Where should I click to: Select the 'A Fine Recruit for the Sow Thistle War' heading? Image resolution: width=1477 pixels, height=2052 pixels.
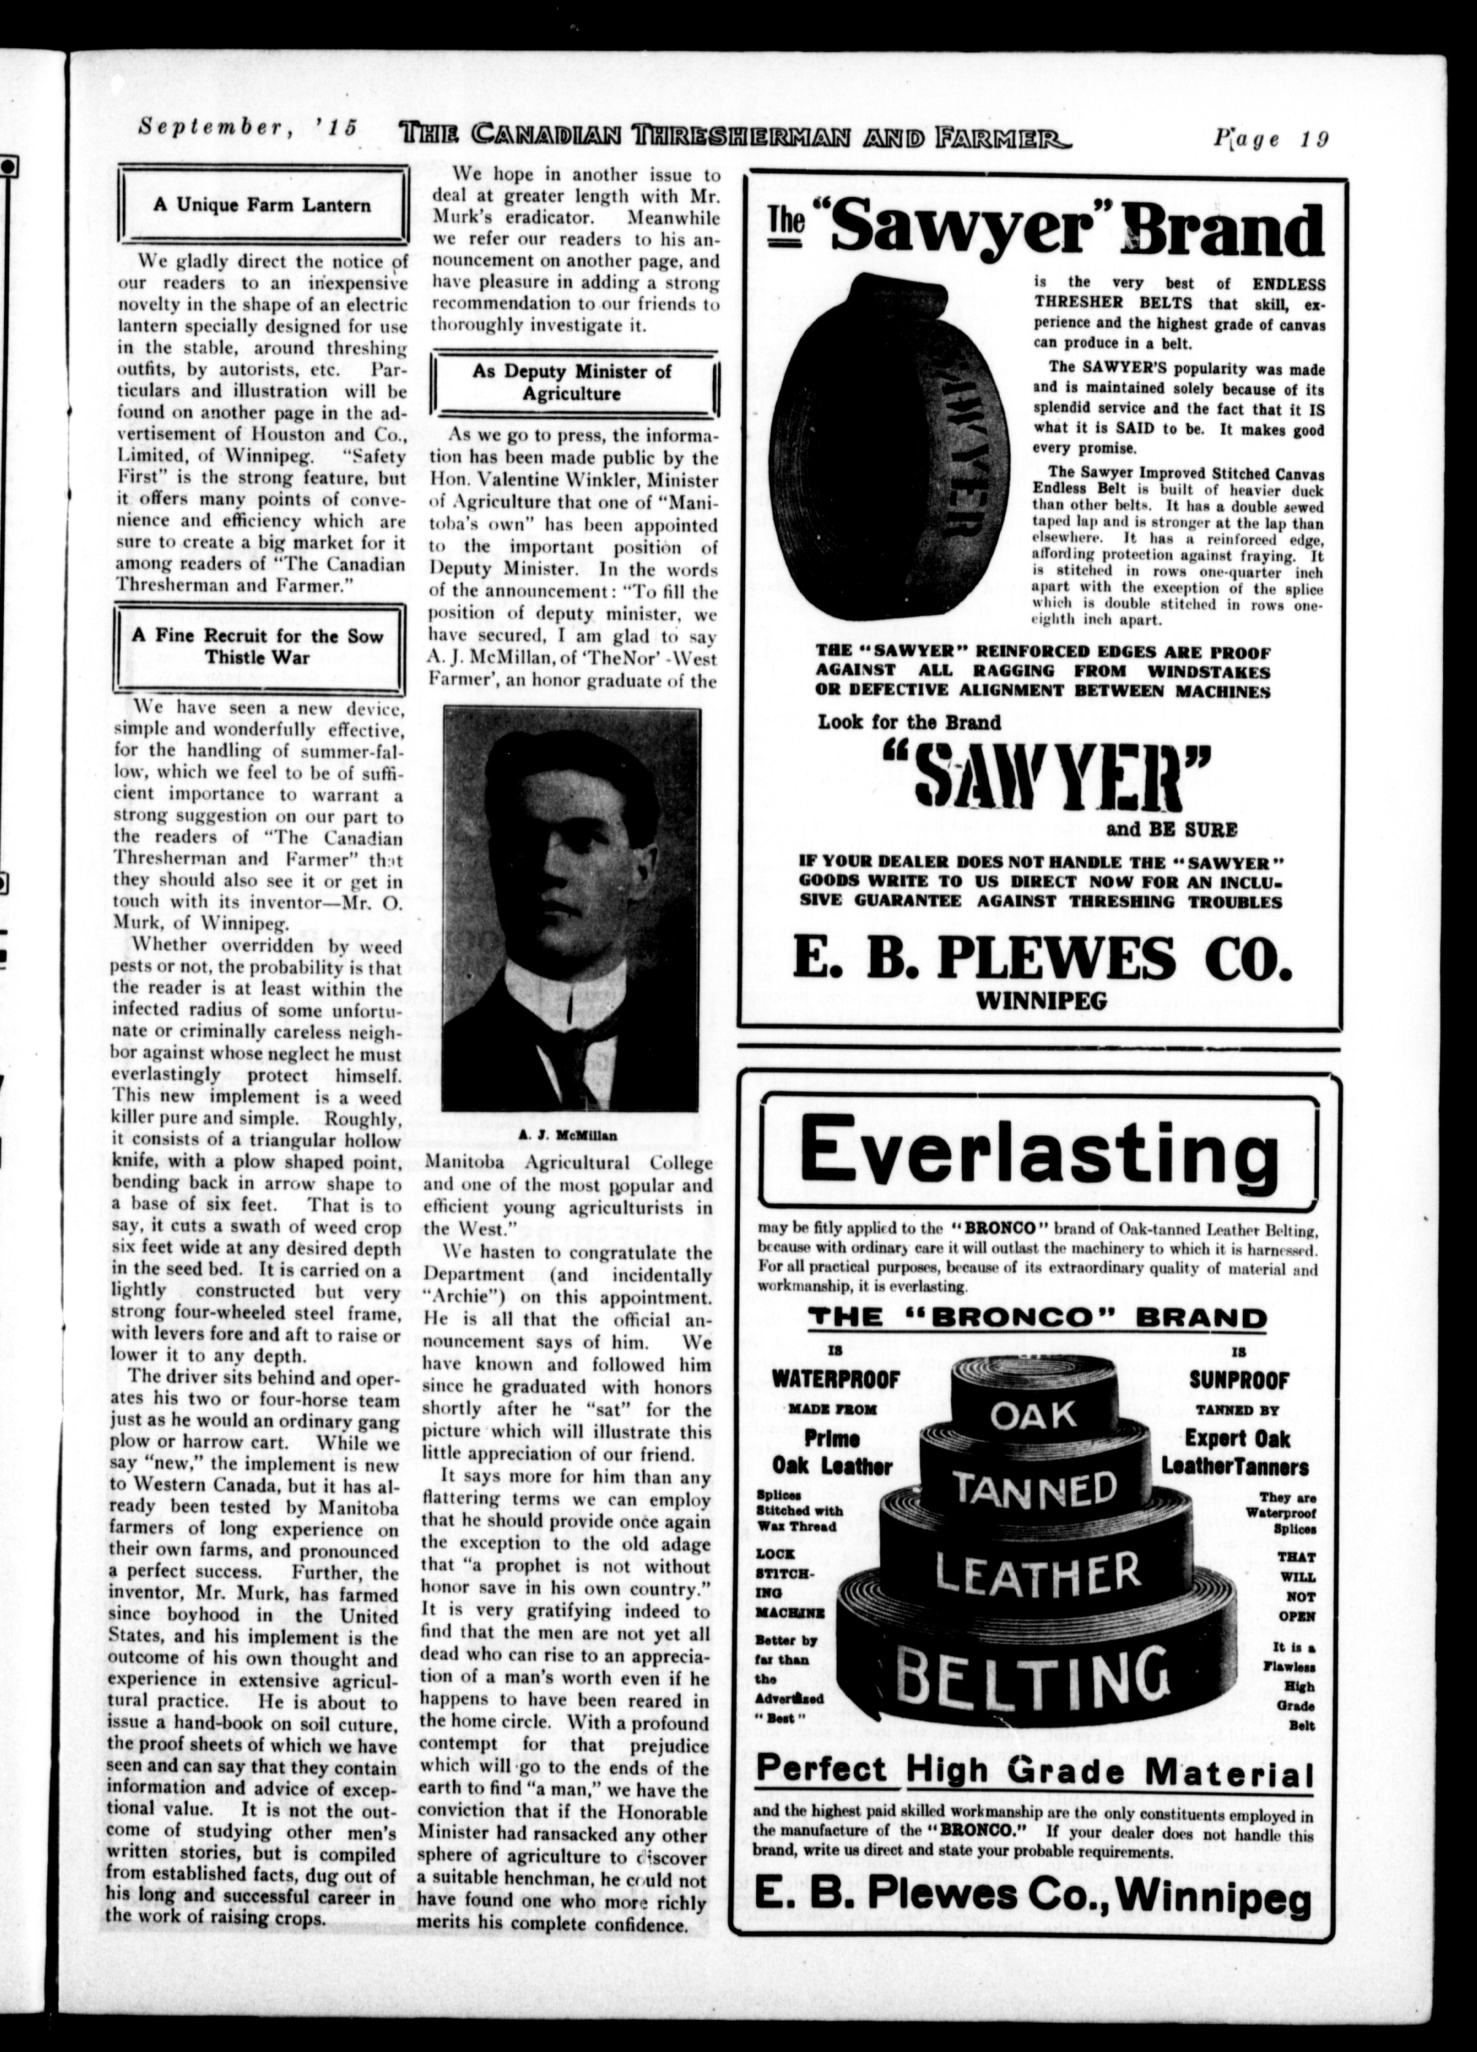tap(257, 646)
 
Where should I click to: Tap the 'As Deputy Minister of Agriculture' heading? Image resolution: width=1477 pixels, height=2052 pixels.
tap(572, 383)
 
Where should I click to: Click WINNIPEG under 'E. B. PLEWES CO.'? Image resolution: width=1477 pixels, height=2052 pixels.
tap(1041, 1000)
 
